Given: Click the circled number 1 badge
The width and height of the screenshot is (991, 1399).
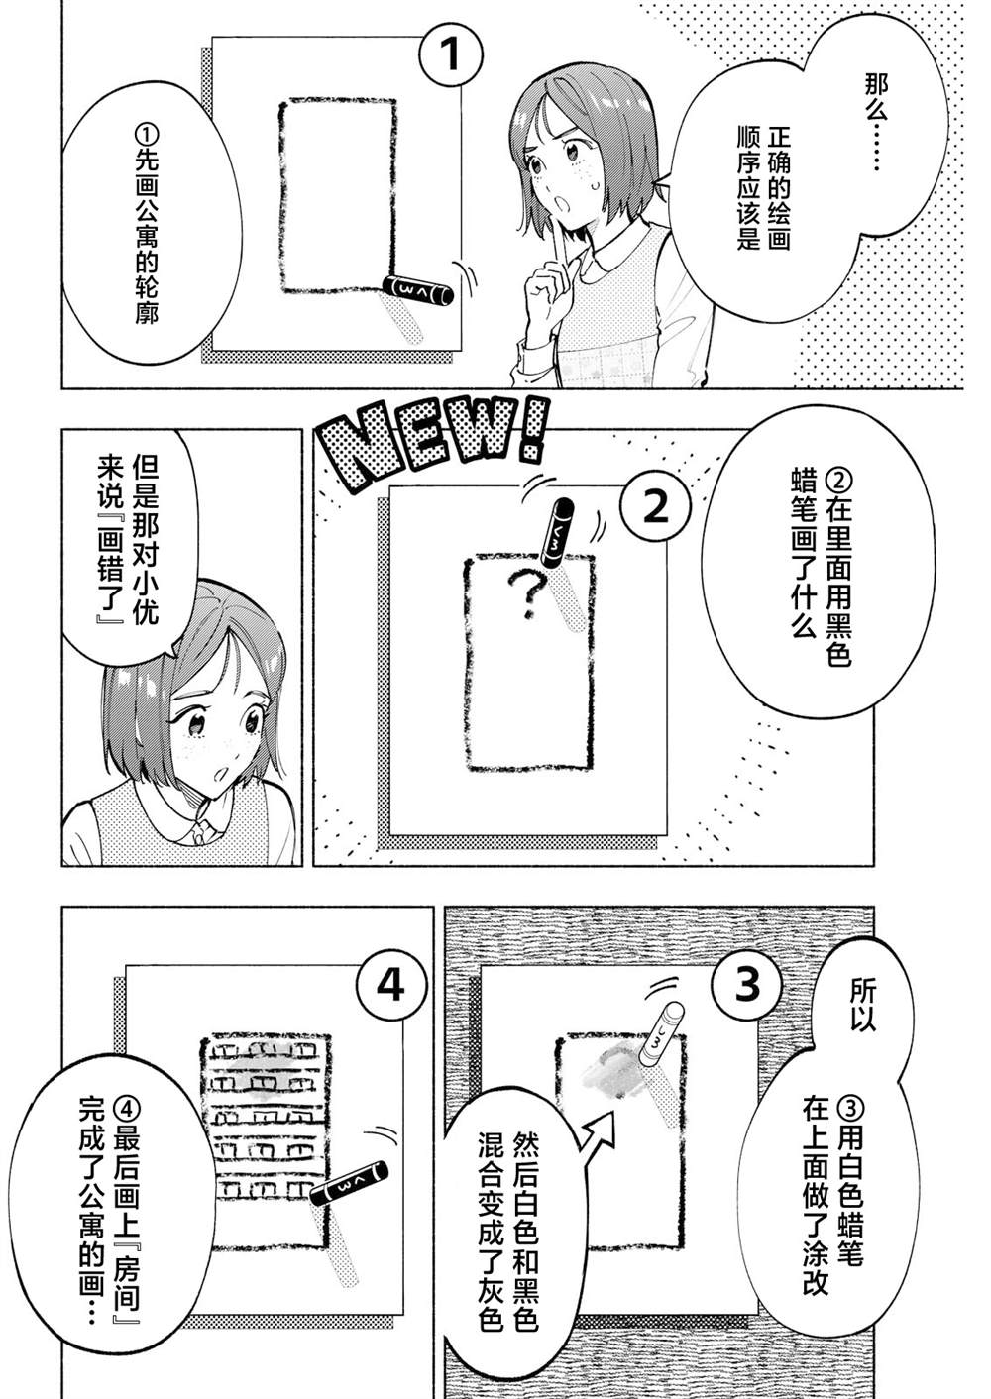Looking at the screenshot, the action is coord(450,54).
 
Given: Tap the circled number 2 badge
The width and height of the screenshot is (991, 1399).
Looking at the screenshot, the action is coord(655,507).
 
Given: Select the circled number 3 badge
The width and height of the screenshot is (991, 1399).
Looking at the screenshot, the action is coord(746,984).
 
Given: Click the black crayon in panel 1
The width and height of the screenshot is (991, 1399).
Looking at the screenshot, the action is coord(417,290).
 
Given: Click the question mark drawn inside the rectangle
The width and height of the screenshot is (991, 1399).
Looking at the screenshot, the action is coord(526,593).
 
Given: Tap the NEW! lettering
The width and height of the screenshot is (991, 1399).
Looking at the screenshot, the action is coord(435,445).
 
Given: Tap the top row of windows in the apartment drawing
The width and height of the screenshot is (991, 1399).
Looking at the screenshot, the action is coord(265,1053).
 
